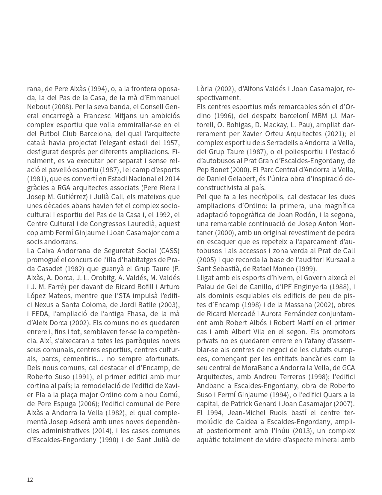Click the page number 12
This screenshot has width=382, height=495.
click(x=30, y=479)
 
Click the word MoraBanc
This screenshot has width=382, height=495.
click(x=256, y=368)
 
